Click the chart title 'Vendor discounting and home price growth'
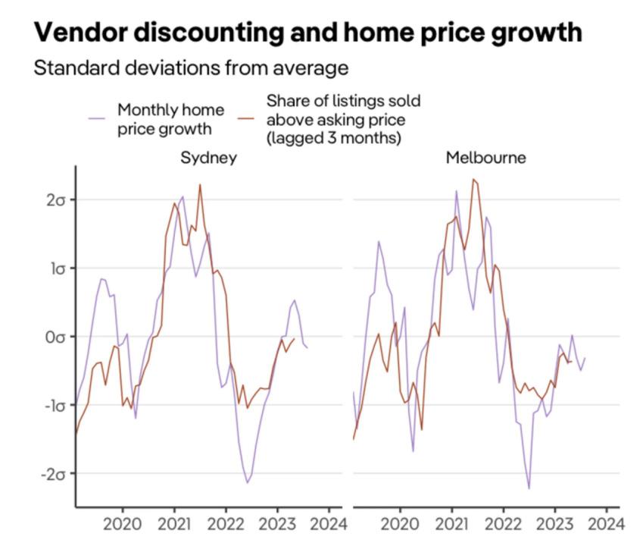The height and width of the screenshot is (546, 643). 308,33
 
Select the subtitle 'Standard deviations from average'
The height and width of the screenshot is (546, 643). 191,68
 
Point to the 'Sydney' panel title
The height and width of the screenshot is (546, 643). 208,158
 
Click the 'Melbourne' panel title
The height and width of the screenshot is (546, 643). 485,158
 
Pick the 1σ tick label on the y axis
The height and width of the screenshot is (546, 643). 55,268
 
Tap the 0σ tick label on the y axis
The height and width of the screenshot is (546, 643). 55,336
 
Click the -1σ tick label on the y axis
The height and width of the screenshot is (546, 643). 53,405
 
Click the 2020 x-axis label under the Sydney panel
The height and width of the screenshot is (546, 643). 123,524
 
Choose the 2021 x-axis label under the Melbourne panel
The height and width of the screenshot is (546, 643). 452,524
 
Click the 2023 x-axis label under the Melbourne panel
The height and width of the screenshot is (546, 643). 554,524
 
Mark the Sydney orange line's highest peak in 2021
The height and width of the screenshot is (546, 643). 200,184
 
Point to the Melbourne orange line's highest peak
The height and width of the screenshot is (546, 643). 473,180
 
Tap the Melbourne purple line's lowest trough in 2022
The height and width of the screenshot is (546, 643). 529,488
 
